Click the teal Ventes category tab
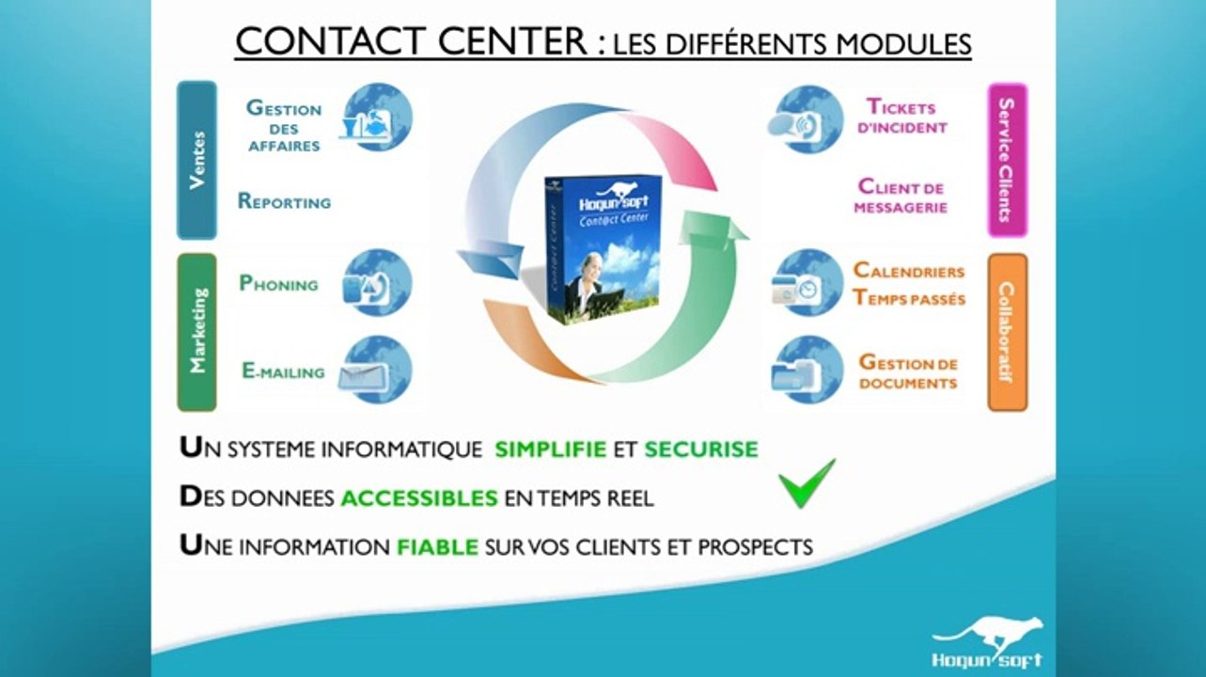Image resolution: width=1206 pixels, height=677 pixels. [196, 160]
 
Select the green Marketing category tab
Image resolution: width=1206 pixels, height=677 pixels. [197, 332]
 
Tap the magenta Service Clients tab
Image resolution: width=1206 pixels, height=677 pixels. [1008, 160]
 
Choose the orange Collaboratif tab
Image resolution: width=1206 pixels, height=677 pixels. [1008, 332]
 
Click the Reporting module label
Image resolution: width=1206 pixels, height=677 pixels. [284, 201]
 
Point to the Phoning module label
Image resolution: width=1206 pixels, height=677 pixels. [278, 283]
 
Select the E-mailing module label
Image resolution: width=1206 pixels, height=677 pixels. [283, 371]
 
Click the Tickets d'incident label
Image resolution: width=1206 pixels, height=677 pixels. [901, 116]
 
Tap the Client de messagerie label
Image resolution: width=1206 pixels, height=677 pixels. [901, 196]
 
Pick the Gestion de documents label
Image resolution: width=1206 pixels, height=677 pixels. [908, 371]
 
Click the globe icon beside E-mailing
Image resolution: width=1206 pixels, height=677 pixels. [376, 370]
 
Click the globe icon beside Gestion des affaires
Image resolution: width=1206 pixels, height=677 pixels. [376, 118]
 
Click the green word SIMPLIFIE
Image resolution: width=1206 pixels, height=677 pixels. [551, 449]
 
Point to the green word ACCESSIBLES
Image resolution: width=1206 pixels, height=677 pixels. [419, 498]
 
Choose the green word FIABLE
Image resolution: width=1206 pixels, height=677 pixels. [438, 547]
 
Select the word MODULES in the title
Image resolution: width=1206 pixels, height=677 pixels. [903, 43]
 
